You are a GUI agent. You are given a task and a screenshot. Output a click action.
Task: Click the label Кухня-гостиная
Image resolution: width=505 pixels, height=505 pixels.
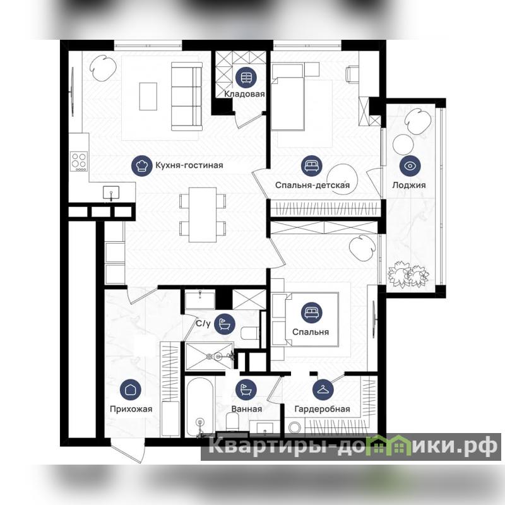[189, 165]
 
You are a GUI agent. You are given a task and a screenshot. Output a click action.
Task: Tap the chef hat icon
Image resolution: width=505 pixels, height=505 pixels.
[141, 165]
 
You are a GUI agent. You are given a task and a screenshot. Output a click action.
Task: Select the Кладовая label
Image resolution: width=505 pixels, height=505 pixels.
[244, 94]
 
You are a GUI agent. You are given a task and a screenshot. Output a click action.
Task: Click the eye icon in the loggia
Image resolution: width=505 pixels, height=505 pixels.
[410, 166]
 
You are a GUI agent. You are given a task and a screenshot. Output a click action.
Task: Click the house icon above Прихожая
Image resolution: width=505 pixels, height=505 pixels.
[131, 389]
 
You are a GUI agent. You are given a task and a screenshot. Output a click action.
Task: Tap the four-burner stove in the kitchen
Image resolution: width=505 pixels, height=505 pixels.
[79, 162]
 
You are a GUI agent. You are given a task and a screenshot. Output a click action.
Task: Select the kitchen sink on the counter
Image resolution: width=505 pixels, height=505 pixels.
[111, 193]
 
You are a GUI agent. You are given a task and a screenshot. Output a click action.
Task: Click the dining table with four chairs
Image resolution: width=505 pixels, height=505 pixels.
[203, 215]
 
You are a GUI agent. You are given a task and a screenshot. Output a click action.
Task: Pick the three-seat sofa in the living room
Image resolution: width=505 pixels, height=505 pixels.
[187, 97]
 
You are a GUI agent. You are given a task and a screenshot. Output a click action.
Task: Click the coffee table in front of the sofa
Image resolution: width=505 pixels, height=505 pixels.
[148, 97]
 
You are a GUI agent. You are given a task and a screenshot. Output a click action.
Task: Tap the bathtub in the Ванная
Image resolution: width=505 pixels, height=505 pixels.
[199, 407]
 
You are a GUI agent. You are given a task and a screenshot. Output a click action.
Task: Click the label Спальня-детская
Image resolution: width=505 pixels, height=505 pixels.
[312, 185]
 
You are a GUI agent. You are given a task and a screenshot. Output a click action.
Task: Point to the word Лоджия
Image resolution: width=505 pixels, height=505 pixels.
[409, 185]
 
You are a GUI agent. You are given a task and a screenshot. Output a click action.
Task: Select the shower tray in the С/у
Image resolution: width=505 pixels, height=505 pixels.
[210, 357]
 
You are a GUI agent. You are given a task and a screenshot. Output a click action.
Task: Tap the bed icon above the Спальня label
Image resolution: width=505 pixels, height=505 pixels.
[312, 312]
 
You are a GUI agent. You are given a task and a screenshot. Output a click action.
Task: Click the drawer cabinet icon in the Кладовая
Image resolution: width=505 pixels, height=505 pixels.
[246, 78]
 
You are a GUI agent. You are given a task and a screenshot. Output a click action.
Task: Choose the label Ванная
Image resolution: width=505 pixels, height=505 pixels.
[247, 409]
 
